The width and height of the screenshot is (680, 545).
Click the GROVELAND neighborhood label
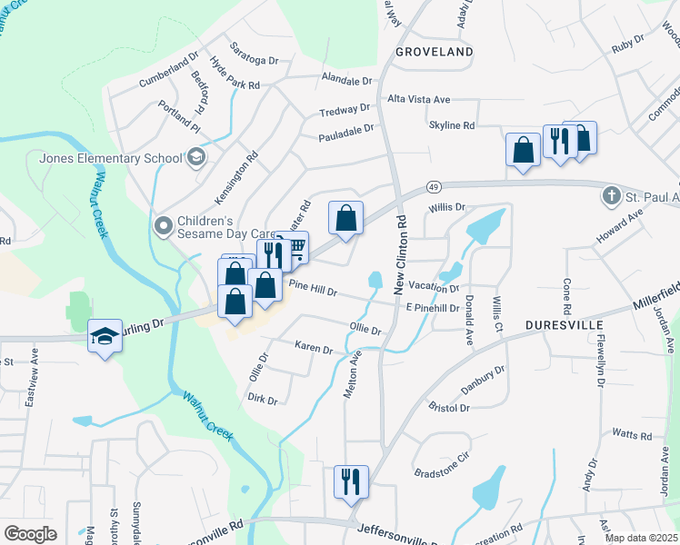pos(435,52)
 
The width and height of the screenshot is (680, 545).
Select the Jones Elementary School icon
pos(195,158)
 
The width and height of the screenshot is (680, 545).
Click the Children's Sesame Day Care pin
pos(164,223)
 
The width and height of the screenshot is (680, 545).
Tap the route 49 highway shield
pos(433,187)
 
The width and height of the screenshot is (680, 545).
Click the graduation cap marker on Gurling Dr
pos(105,336)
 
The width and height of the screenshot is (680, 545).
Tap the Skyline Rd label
pos(452,125)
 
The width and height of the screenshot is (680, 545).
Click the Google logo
pos(30,533)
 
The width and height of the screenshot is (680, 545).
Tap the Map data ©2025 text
pos(642,538)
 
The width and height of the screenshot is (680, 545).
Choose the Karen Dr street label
pos(314,348)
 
